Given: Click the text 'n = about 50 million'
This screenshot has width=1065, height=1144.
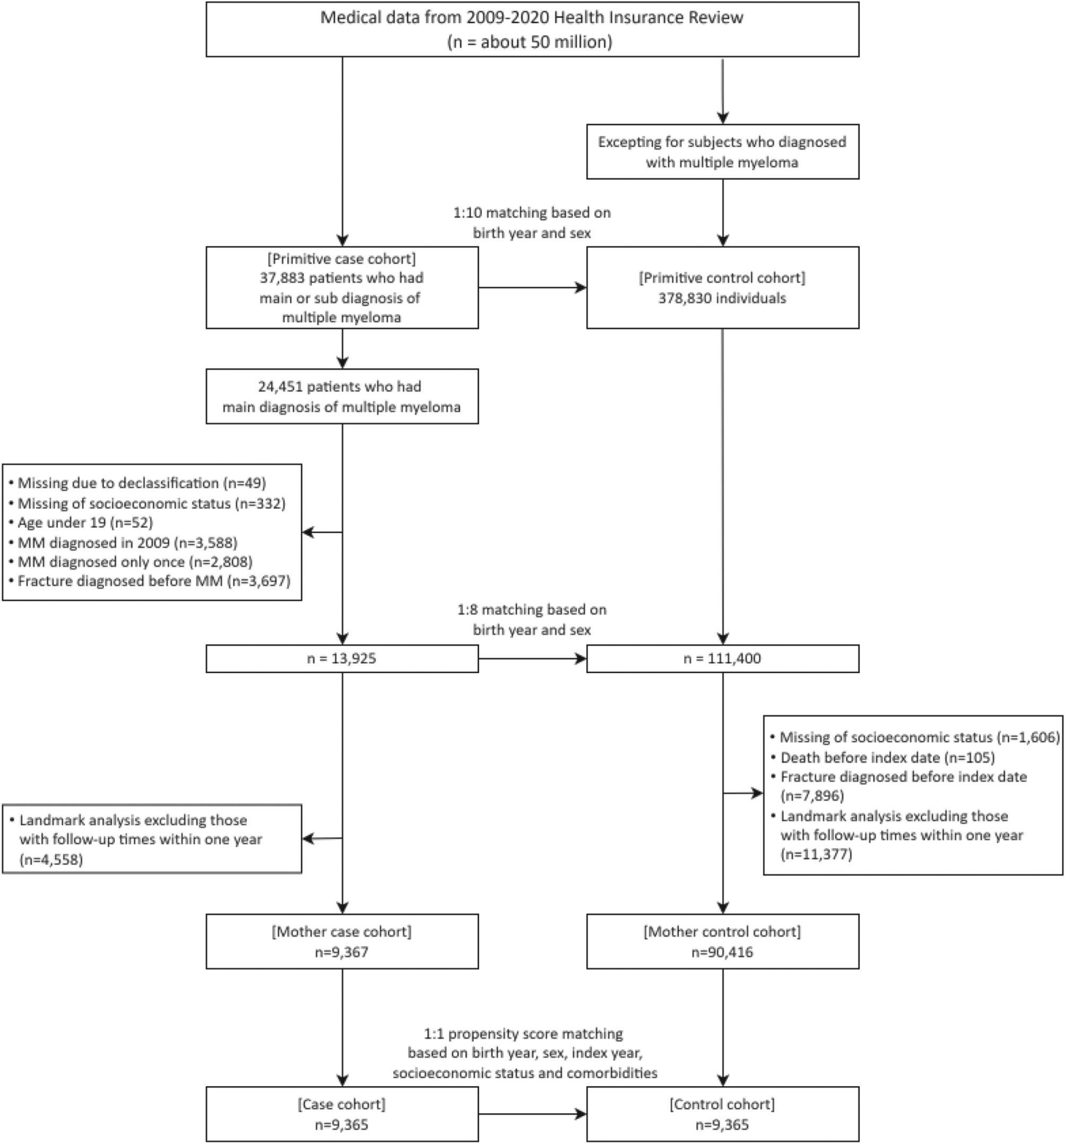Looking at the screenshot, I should (531, 42).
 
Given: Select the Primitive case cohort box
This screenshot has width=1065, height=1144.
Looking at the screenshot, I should (342, 288).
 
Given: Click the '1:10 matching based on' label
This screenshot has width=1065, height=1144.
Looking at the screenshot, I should (532, 212).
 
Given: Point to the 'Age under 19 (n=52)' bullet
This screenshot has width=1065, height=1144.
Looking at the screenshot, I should (85, 523).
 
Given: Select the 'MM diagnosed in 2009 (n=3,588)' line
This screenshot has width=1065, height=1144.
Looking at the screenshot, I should (127, 542).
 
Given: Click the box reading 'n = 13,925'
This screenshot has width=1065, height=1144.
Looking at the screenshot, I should (342, 658).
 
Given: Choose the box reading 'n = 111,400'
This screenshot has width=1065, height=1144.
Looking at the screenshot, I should (722, 658).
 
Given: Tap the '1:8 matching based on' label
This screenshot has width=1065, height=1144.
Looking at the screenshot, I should (532, 609).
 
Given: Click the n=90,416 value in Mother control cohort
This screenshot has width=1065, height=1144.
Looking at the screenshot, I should (722, 952).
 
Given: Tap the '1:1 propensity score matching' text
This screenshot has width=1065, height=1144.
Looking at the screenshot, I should (523, 1034).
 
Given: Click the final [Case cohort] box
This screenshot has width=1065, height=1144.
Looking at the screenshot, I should (342, 1114).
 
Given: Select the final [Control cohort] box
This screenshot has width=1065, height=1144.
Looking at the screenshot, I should (722, 1114).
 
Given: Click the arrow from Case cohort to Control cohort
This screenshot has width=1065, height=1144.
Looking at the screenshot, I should (532, 1114).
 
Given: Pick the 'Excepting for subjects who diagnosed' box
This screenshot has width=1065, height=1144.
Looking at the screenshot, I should (722, 152).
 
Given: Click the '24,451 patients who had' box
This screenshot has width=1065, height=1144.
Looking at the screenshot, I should (342, 396).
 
